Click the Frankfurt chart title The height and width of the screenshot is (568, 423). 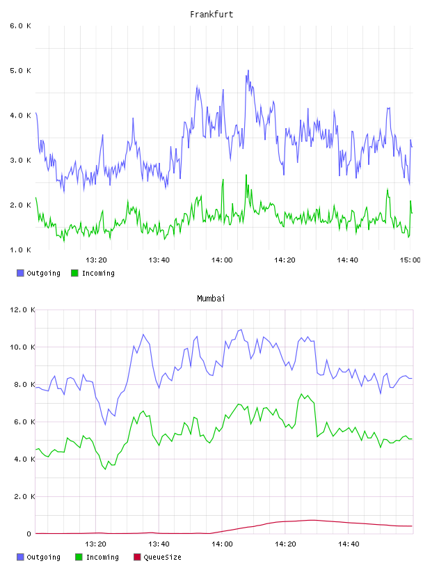[211, 15]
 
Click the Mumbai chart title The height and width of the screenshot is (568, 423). [211, 299]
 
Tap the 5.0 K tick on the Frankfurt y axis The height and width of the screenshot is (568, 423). [20, 70]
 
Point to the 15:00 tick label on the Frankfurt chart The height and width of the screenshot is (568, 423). [410, 260]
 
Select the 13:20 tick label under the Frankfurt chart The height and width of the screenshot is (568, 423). [96, 260]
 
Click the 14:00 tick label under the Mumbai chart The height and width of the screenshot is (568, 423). [222, 544]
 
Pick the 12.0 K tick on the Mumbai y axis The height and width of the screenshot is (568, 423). [22, 310]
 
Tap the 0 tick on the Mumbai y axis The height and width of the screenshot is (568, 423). [29, 534]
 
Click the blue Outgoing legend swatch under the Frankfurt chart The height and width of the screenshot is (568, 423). [20, 273]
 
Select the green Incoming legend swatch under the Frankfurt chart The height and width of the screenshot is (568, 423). [74, 273]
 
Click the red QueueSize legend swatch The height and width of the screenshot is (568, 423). [137, 557]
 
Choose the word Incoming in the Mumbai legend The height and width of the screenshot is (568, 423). [102, 557]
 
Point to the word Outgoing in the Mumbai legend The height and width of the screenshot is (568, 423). [43, 557]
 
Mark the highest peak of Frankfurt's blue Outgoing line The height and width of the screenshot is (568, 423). [248, 70]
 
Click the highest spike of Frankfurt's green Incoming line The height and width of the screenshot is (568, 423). [246, 175]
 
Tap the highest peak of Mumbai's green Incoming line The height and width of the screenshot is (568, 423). [301, 394]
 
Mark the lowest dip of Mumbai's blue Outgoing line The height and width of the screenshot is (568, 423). [105, 425]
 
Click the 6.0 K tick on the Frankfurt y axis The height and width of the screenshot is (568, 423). [20, 26]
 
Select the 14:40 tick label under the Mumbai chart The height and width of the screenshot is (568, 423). [349, 544]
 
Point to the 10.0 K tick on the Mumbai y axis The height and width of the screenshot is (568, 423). [22, 347]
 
